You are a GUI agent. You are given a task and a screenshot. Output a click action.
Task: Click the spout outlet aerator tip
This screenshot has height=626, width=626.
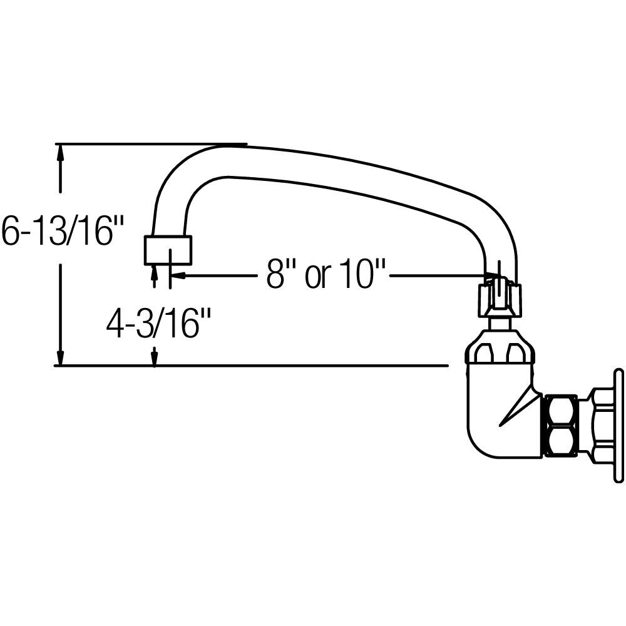(x=168, y=250)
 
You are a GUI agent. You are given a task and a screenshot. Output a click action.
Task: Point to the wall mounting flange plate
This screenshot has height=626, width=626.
(x=618, y=426)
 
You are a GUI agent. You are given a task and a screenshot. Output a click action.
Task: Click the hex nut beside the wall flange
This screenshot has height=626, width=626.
(x=561, y=425)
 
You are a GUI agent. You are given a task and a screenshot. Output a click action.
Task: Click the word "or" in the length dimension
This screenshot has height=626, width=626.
(x=317, y=275)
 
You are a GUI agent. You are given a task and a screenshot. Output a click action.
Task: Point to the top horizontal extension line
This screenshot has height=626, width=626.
(x=150, y=144)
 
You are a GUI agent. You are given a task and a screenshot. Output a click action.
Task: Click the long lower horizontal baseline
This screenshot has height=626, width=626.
(x=250, y=365)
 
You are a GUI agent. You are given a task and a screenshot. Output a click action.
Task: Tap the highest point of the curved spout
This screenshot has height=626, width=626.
(x=225, y=146)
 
